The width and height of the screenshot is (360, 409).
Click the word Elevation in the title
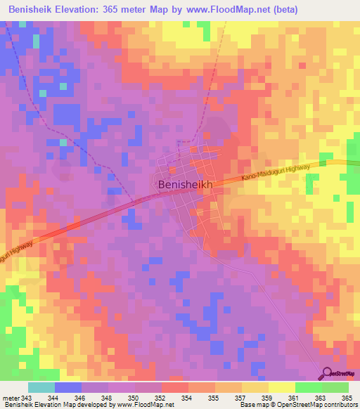[88, 9]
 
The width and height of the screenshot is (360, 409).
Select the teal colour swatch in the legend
[41, 387]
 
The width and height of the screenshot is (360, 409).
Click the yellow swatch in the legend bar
[281, 387]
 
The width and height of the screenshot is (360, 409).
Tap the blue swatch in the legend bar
[67, 387]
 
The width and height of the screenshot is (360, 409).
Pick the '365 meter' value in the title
[140, 9]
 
